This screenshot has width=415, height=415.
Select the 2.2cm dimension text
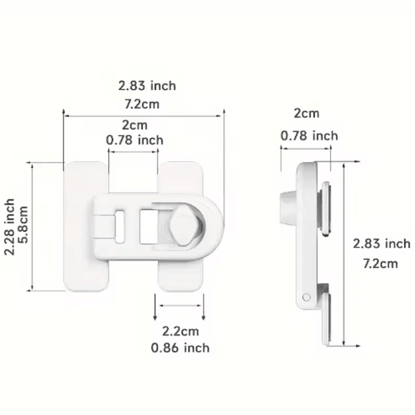[180, 331]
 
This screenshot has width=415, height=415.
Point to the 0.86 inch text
[180, 348]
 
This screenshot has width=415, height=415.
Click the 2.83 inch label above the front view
[147, 86]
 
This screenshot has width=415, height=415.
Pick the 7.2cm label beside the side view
[380, 264]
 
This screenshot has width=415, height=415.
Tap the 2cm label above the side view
[307, 113]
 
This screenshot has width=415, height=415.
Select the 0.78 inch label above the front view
[134, 140]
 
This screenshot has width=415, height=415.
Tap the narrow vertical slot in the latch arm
[120, 226]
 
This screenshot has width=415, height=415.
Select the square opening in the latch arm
[149, 226]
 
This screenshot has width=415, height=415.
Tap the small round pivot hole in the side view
[307, 297]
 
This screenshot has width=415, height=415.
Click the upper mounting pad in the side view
[325, 208]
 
